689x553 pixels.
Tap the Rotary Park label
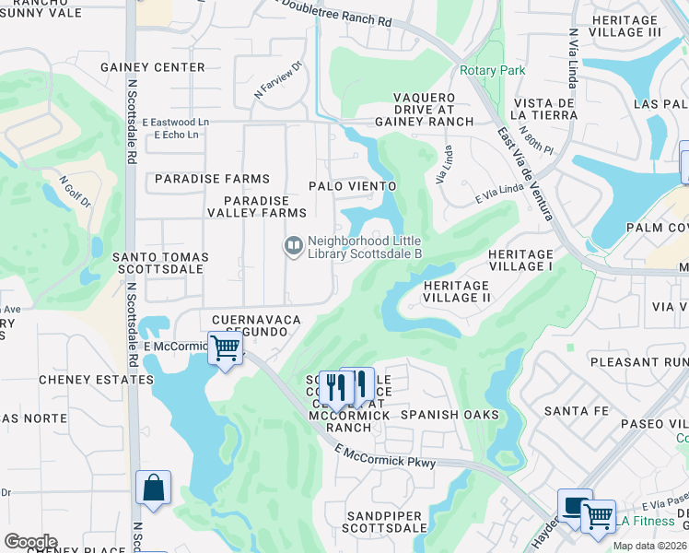(492, 71)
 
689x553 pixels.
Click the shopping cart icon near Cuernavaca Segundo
(225, 349)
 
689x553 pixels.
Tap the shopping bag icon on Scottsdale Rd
(153, 488)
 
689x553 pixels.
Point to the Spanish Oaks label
(450, 415)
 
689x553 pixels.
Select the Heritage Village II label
(470, 291)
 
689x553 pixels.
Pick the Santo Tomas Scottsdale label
(160, 263)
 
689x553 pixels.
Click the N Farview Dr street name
(279, 82)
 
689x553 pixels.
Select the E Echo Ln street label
(177, 135)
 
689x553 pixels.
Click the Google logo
(30, 542)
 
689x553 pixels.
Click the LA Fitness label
(647, 521)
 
